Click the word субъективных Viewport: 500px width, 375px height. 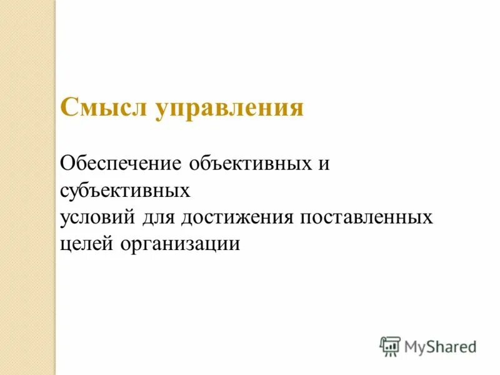tap(125, 190)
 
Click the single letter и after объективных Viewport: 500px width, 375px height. tap(324, 164)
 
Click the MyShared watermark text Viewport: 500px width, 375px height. tap(439, 346)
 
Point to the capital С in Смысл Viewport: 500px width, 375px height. tap(68, 107)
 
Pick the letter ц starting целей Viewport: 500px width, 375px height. tap(66, 244)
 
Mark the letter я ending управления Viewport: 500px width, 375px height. tap(296, 108)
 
